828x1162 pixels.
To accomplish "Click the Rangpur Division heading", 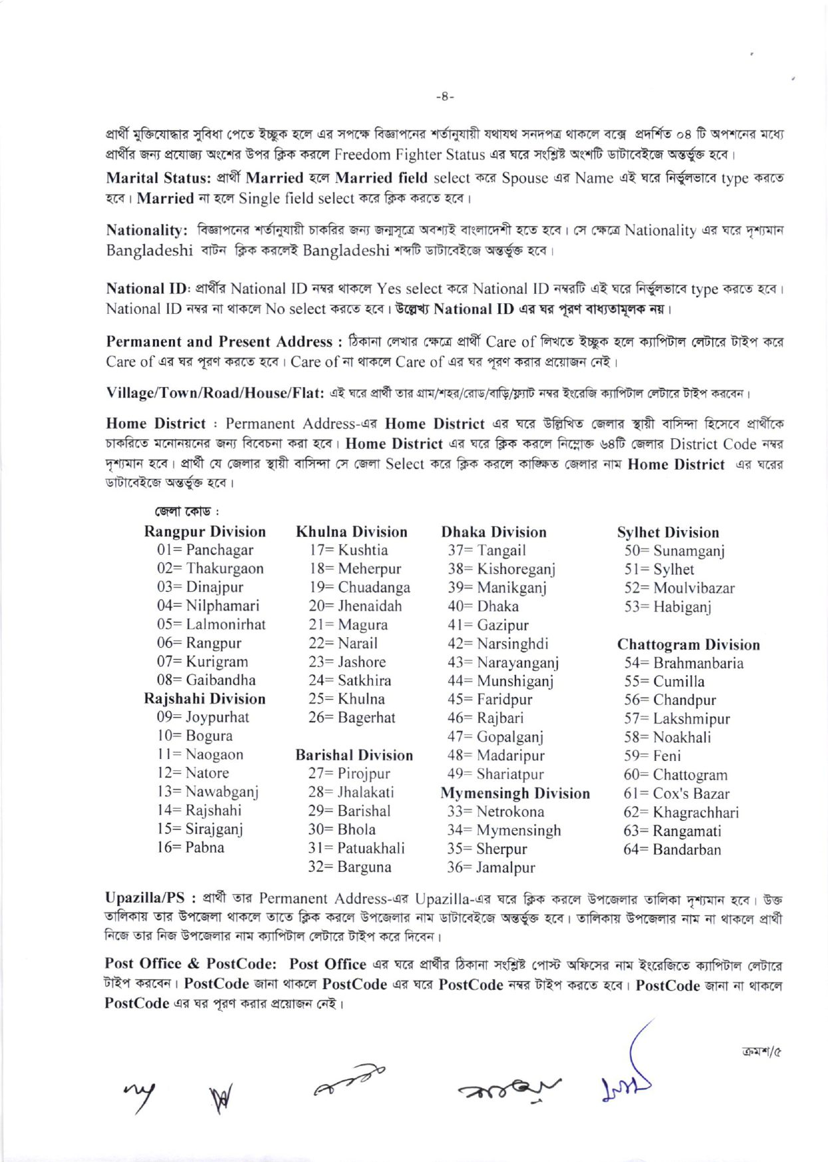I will coord(204,531).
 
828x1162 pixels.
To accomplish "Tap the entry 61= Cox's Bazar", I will coord(676,794).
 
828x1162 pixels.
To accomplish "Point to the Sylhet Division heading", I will coord(668,532).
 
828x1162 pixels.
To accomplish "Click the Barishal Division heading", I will coord(354,755).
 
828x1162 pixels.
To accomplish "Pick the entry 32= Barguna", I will coord(349,867).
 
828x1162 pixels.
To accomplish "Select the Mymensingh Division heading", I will coord(515,794).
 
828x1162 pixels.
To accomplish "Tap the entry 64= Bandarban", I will coord(672,849).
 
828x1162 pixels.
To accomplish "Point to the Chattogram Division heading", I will coord(688,645).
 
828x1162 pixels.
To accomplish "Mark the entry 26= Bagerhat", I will coord(351,718).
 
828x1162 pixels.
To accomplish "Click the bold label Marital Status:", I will coord(158,178).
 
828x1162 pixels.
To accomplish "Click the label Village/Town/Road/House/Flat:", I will coord(214,392).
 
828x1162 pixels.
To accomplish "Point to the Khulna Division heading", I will coord(351,531).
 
